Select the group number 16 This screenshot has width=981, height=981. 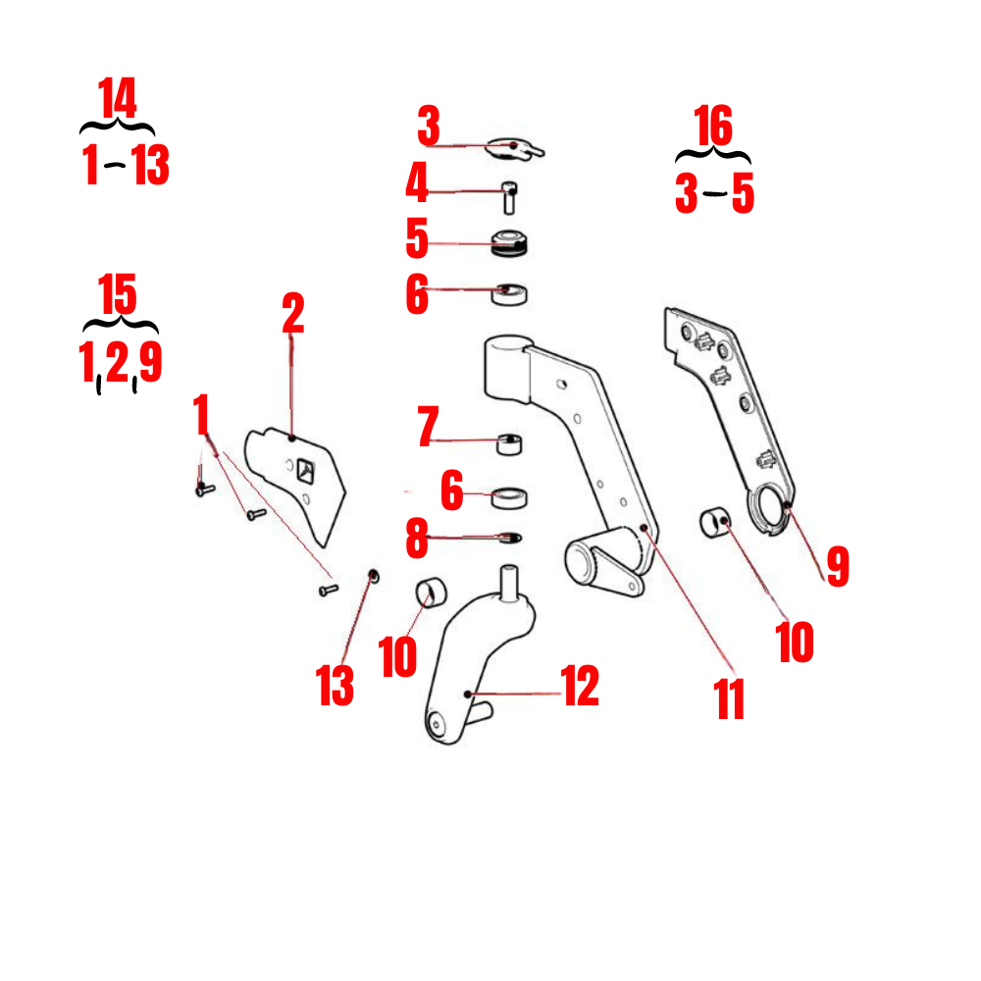tap(713, 127)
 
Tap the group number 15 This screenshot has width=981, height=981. tap(119, 295)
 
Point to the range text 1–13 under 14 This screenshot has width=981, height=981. tap(126, 166)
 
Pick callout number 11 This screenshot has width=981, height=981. tap(730, 699)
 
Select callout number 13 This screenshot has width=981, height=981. tap(336, 686)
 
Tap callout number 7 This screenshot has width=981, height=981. tap(427, 429)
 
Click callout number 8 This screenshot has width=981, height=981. tap(418, 538)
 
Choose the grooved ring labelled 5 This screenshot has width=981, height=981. tap(510, 242)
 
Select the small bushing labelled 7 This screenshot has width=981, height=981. tap(510, 444)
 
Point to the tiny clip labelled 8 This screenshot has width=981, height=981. tap(511, 537)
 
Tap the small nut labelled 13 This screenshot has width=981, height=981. tap(373, 574)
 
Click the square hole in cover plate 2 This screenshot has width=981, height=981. tap(306, 472)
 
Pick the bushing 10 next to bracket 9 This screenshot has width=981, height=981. tap(717, 520)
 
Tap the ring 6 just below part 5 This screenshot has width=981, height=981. tap(510, 292)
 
